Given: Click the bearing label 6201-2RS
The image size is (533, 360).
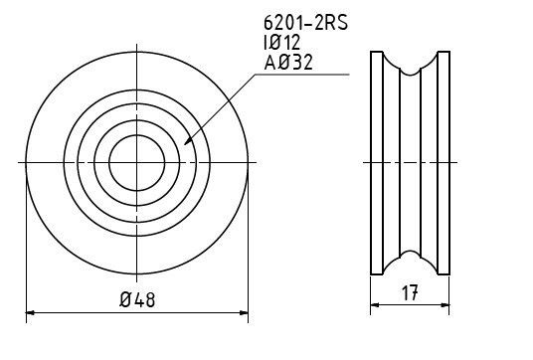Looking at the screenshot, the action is pos(306,23).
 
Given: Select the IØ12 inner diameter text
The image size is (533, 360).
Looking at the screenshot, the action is pos(281,43).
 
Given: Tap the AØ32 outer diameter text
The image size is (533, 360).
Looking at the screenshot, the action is pos(288,63).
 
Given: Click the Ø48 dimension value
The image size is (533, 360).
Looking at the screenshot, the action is pos(137,299).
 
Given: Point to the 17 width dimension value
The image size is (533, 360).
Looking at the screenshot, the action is pos(410,293).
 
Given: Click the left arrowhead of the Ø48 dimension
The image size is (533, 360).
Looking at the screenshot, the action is pos(30,312).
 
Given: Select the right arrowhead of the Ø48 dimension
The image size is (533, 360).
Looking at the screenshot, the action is pos(244,312).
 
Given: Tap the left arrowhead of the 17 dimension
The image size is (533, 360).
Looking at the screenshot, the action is pos(374,305).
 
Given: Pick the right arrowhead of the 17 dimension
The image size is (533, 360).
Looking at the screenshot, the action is pos(444,305).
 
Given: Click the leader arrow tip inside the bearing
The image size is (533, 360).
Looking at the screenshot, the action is pos(185,144).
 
